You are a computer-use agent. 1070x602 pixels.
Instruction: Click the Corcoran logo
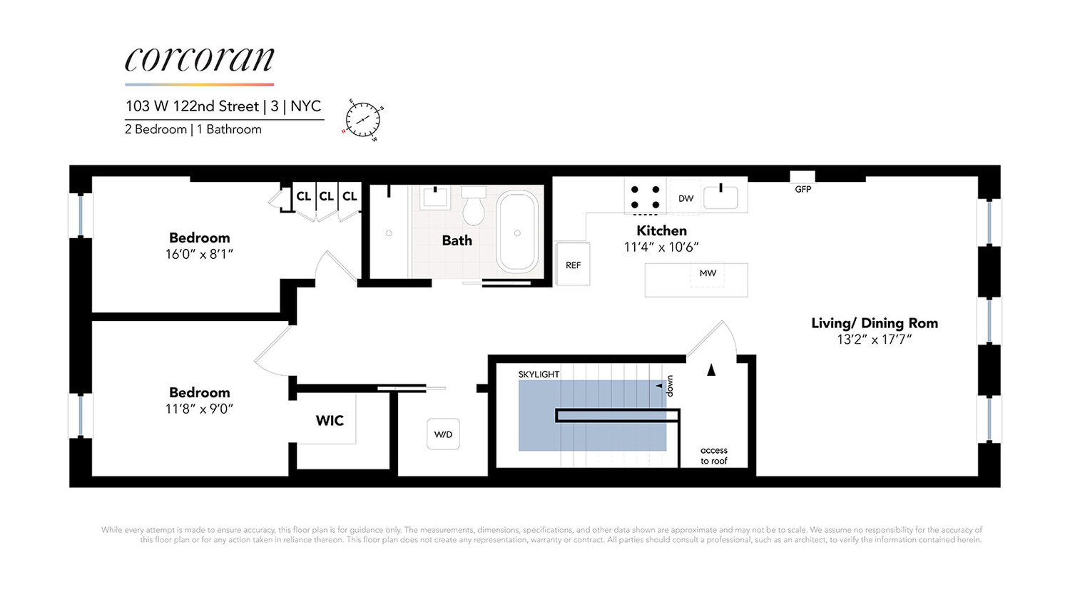[199, 60]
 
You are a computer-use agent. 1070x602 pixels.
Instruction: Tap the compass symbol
[363, 119]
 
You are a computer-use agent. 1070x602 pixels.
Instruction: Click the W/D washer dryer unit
[443, 434]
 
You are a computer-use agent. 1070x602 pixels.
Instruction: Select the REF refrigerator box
[573, 265]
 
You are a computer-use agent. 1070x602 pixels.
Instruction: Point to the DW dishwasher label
[686, 198]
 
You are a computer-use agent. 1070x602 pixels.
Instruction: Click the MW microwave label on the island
[708, 273]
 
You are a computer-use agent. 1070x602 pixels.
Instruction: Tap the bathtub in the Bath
[517, 232]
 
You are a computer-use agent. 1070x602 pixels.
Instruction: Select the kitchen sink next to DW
[720, 197]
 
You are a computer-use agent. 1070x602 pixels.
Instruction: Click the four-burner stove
[645, 197]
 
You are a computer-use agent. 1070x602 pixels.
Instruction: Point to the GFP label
[802, 189]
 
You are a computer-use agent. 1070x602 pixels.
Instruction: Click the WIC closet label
[330, 421]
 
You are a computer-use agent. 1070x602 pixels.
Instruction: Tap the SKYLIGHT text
[539, 374]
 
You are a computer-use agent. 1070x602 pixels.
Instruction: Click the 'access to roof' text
[713, 456]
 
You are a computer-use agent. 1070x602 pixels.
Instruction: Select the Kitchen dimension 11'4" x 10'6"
[661, 248]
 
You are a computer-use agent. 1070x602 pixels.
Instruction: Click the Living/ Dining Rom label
[874, 323]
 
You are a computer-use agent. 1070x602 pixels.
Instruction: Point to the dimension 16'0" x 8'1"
[200, 255]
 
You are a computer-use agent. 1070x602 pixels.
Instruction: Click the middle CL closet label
[327, 196]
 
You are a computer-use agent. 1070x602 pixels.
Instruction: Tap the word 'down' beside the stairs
[670, 386]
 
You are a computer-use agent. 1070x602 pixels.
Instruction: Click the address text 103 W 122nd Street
[192, 106]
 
